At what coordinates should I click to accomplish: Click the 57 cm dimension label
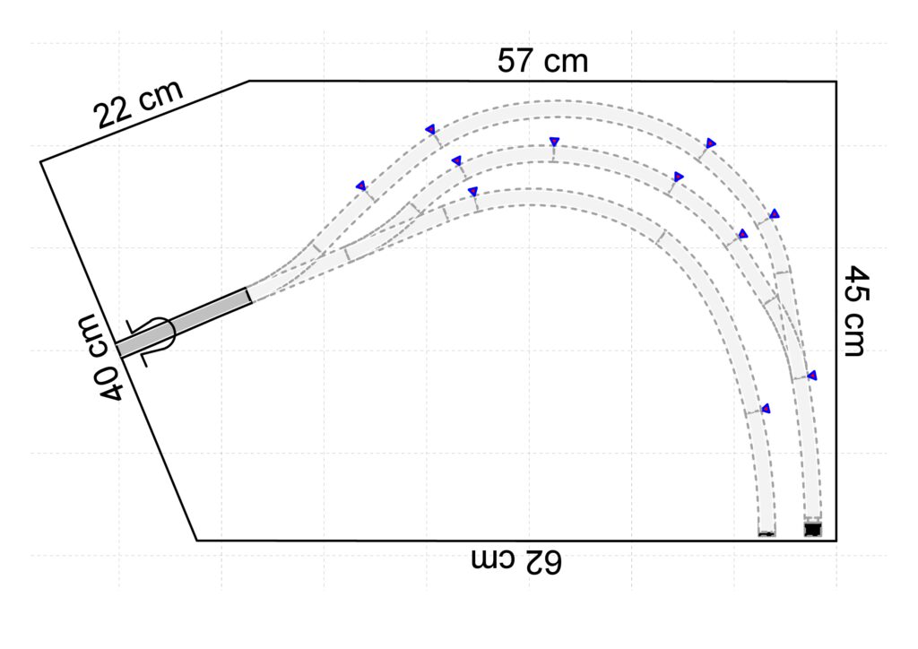tap(542, 61)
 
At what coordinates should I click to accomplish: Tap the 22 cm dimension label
tap(139, 104)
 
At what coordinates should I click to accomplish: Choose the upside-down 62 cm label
tap(516, 560)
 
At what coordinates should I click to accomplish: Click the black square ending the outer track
tap(812, 529)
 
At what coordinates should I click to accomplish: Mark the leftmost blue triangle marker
tap(361, 186)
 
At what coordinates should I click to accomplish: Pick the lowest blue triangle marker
tap(766, 409)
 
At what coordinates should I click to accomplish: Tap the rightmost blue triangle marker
tap(812, 376)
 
